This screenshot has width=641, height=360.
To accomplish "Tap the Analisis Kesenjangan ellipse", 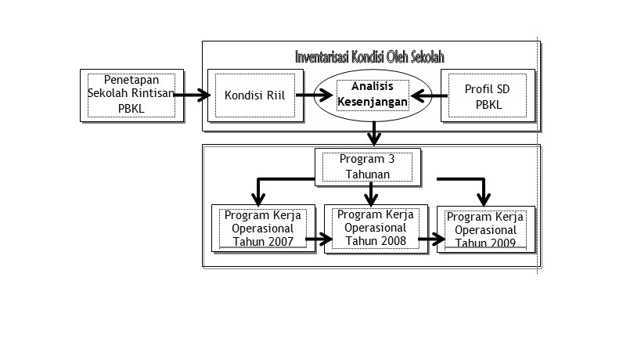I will pos(373,95).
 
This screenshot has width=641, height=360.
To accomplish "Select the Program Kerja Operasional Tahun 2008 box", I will pos(376,228).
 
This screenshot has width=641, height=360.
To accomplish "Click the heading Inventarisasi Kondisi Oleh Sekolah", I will pos(370,57).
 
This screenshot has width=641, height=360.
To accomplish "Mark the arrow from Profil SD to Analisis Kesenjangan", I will pos(427,96).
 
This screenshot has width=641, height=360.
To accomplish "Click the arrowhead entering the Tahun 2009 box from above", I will pos(484,198).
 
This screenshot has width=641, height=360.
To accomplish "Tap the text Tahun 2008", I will pos(376,241).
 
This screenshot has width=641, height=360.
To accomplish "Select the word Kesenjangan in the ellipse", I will pos(373,102).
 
